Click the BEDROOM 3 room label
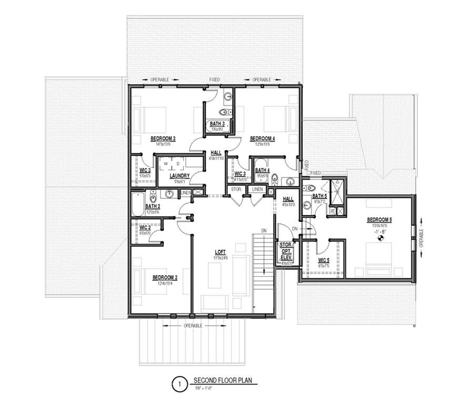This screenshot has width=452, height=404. (163, 138)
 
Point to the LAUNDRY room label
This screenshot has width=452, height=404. (179, 176)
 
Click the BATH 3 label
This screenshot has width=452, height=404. (217, 124)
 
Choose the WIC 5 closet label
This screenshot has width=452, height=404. (324, 260)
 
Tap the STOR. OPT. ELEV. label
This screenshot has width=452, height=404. (285, 251)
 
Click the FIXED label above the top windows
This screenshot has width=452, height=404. (214, 79)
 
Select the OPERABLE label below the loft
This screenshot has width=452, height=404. (193, 326)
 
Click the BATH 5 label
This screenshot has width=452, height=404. (319, 196)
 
